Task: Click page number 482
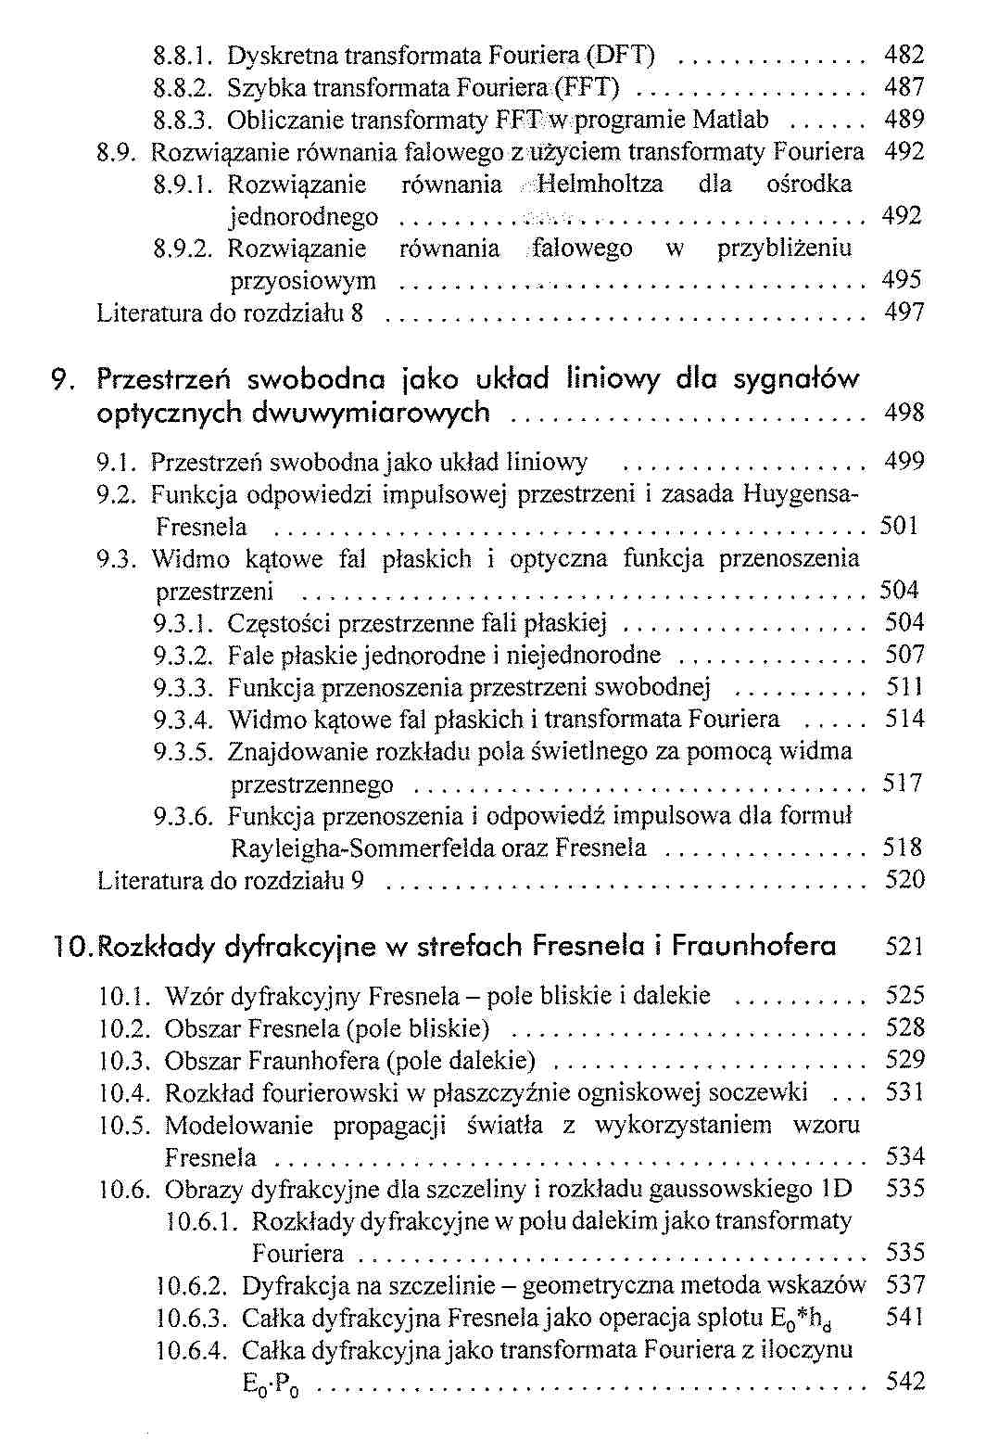coord(904,56)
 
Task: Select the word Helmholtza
coord(600,184)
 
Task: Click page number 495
coord(904,280)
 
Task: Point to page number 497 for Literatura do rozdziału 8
coord(904,312)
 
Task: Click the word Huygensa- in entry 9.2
coord(801,494)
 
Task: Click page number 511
coord(904,687)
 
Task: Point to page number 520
coord(904,880)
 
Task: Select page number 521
coord(904,947)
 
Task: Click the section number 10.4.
coord(124,1093)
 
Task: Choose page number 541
coord(904,1317)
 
